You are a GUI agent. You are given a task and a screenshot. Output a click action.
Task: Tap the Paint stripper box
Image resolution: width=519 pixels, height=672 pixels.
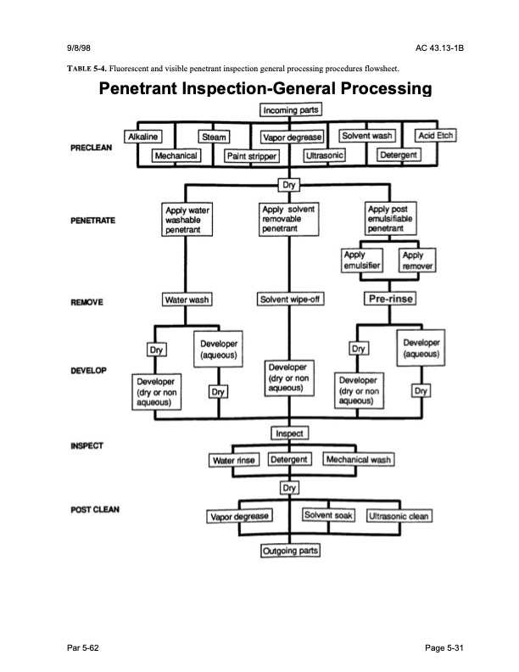click(252, 156)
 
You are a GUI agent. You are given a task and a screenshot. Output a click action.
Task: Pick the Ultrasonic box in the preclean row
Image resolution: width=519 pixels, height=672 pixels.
click(325, 156)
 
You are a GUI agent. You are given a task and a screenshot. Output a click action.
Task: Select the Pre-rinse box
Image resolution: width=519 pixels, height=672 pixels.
click(389, 299)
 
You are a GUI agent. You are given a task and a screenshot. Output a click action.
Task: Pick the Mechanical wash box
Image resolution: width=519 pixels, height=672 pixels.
click(359, 460)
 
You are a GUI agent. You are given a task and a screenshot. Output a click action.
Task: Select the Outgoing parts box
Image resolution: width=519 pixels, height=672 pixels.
click(289, 551)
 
